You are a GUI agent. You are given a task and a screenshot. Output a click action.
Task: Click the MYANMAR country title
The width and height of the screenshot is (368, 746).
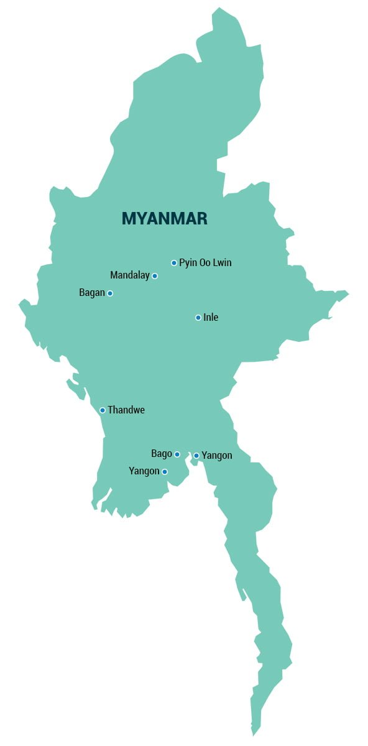click(x=164, y=219)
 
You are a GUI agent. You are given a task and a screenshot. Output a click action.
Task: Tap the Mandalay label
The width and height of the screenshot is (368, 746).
click(x=130, y=275)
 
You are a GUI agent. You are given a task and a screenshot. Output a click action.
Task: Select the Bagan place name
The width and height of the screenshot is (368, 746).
click(x=92, y=293)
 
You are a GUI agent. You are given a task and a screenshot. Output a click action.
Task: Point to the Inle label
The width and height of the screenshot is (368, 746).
click(x=211, y=318)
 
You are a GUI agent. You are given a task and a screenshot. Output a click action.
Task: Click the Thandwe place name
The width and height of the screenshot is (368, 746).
click(x=126, y=410)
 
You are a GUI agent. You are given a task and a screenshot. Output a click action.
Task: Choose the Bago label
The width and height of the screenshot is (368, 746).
click(x=162, y=454)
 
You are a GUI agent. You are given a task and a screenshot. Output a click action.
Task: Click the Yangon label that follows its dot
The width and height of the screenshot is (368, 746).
click(x=217, y=456)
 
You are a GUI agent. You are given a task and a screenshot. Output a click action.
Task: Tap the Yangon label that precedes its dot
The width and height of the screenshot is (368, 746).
click(x=144, y=471)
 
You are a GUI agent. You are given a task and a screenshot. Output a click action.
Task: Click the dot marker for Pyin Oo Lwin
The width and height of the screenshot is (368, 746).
click(x=174, y=263)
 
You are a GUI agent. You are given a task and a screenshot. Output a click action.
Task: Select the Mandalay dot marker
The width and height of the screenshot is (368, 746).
click(x=155, y=276)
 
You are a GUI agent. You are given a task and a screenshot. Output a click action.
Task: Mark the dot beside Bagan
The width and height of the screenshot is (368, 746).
click(x=110, y=293)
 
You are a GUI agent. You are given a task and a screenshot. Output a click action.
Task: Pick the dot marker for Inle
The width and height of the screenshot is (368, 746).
click(x=198, y=318)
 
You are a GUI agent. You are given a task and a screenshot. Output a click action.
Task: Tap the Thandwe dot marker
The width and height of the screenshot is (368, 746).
click(x=103, y=410)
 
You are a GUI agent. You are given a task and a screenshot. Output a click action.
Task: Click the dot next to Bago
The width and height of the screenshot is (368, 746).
click(x=177, y=454)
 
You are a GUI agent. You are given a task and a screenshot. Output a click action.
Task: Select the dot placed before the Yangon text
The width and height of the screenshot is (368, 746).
click(x=196, y=456)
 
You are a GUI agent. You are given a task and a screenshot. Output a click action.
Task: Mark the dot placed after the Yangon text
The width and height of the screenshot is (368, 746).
click(x=165, y=472)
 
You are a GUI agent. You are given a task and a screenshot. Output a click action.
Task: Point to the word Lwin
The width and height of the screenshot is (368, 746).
click(x=221, y=263)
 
